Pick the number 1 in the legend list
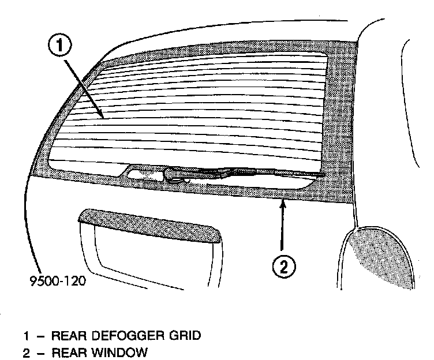[x=26, y=336]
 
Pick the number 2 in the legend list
[x=26, y=352]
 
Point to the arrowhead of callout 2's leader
[x=282, y=200]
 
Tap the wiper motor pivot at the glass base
[x=173, y=172]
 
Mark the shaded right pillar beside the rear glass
[x=341, y=115]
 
